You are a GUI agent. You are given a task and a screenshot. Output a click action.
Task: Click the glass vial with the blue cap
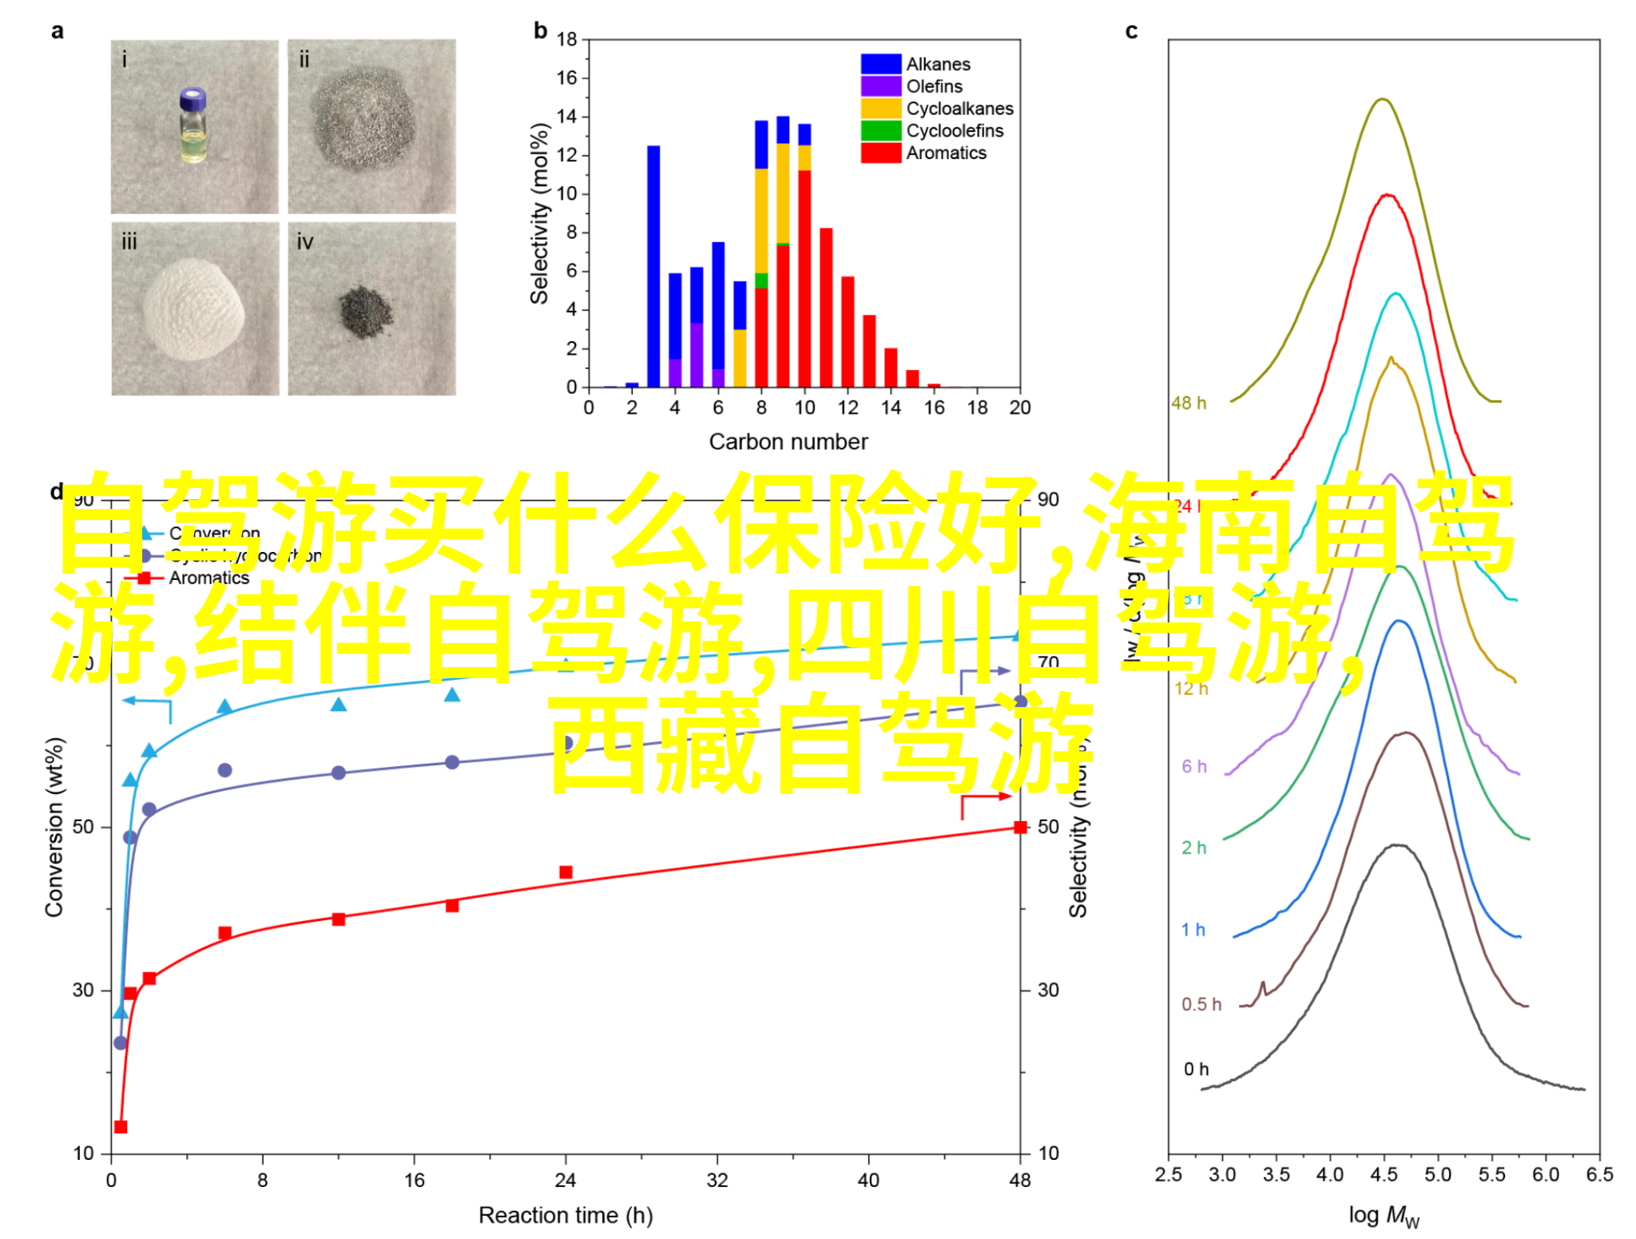click(193, 125)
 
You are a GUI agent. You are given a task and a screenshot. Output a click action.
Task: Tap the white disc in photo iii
click(194, 308)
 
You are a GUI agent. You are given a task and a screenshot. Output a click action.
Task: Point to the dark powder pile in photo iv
click(366, 311)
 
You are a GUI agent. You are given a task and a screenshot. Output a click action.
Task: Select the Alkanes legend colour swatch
click(880, 64)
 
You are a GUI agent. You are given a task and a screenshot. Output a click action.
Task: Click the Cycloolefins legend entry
click(954, 131)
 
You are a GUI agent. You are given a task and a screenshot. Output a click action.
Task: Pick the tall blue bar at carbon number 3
click(653, 266)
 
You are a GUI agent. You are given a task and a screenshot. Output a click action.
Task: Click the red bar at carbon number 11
click(826, 308)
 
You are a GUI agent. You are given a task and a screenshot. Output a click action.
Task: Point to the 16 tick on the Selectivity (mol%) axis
click(566, 78)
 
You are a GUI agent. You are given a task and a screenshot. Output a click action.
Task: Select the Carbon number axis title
click(788, 442)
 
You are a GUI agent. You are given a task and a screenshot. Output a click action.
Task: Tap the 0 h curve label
click(1196, 1069)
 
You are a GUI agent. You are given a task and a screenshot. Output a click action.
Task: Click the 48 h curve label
click(1189, 403)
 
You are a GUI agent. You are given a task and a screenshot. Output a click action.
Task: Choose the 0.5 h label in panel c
click(1201, 1004)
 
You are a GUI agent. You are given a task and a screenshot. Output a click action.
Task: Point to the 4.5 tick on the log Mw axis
click(1384, 1174)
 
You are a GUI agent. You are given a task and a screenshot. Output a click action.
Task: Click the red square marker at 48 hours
click(1020, 827)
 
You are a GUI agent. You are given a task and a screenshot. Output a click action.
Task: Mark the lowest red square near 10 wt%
click(121, 1126)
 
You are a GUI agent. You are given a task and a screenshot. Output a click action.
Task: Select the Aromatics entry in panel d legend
click(208, 578)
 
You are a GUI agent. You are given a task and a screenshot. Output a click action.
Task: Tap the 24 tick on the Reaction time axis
click(566, 1180)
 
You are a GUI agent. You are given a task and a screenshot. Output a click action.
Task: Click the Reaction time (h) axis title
click(566, 1215)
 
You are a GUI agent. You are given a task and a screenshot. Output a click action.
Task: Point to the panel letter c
click(1131, 31)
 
